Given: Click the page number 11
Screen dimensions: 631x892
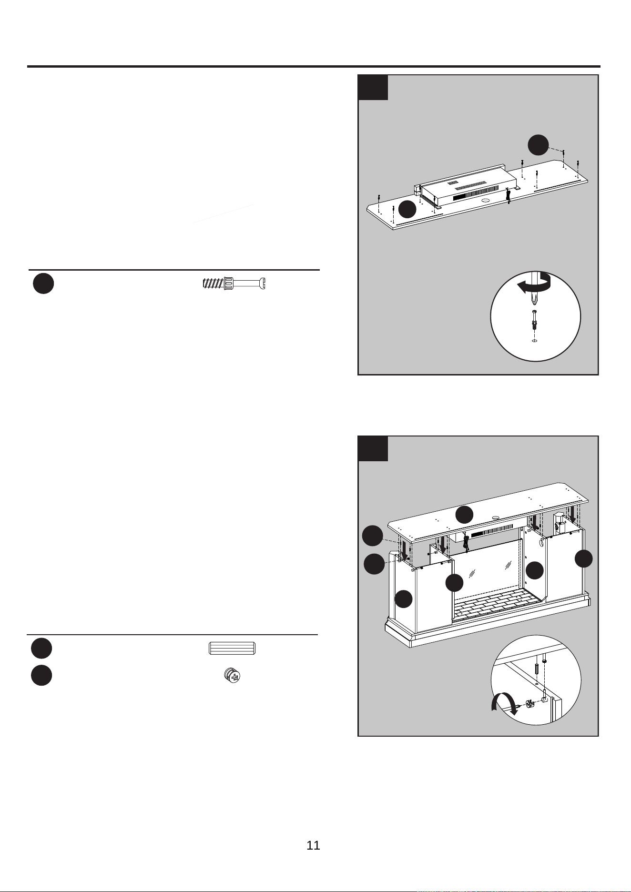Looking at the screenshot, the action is tap(313, 845).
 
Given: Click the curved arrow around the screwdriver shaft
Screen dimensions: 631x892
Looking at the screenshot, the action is tap(535, 284).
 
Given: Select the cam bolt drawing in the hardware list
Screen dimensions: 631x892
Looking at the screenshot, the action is tap(234, 283).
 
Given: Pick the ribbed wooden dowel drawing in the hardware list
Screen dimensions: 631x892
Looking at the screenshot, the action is tap(232, 649).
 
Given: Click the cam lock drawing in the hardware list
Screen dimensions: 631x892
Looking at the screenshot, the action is tap(232, 675).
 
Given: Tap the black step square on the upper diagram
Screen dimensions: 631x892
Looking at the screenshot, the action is tap(373, 87).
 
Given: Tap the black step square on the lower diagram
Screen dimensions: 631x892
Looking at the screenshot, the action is tap(373, 448).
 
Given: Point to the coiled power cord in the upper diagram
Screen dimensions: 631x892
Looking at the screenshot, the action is tap(508, 196).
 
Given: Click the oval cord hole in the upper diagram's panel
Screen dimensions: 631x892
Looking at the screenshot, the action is tap(486, 201).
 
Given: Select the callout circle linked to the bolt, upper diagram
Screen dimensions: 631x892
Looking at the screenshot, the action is tap(539, 145).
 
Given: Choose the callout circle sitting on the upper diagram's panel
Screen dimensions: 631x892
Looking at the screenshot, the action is tap(407, 209).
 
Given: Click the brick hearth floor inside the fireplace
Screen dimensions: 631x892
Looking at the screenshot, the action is tap(496, 604).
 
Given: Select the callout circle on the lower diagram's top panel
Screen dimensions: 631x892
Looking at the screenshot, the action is tap(464, 515).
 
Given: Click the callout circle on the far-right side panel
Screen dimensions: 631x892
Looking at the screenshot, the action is tap(583, 558).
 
